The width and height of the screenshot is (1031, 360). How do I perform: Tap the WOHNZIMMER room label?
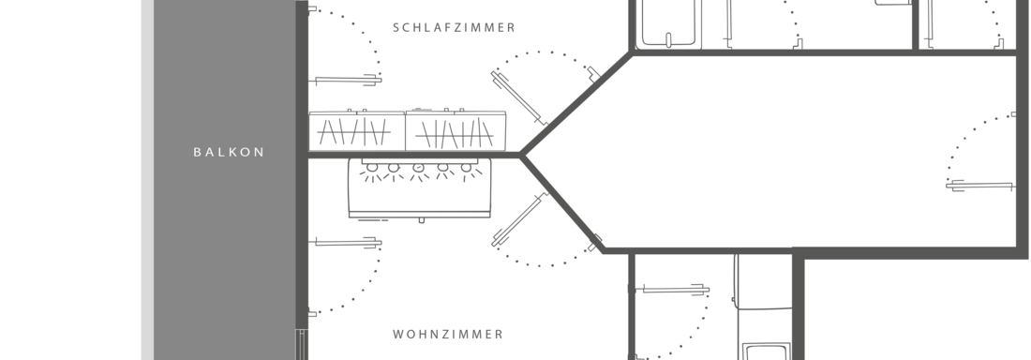coord(448,334)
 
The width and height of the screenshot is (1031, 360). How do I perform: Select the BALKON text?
coord(229,152)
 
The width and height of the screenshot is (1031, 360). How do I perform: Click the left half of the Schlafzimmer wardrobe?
coord(357,130)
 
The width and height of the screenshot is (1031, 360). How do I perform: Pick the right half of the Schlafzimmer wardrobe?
coord(456,130)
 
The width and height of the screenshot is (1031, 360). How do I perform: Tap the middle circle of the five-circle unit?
coord(418,170)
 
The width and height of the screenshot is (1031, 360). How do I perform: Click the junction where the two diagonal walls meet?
coord(521,154)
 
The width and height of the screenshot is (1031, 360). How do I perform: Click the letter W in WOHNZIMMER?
coord(398,334)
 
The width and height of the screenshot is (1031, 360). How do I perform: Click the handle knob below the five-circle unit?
coord(422,221)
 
